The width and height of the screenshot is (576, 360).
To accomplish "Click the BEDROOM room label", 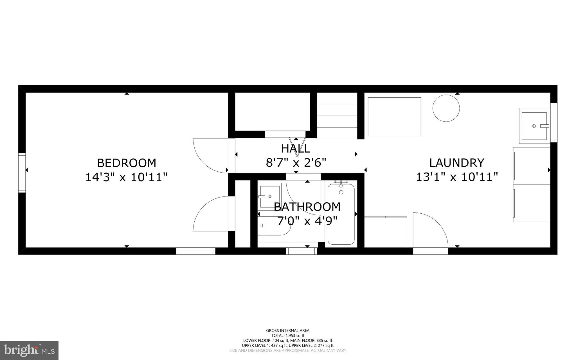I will [x=126, y=163].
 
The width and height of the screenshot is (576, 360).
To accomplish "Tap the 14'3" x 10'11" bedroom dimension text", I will [x=126, y=177].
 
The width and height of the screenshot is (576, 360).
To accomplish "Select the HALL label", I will [x=296, y=148].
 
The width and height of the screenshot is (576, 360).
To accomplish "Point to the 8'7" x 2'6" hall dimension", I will [x=296, y=163].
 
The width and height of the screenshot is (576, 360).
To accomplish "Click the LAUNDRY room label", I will [x=457, y=163].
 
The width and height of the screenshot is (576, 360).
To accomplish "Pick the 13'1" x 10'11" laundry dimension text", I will [x=457, y=177].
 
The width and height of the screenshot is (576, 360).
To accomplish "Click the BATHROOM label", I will [x=307, y=207].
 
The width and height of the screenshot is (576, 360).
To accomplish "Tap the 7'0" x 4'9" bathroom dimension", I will [x=307, y=221].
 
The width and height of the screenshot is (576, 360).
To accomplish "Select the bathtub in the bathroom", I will [x=341, y=214].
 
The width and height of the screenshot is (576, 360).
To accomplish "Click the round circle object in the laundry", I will [x=446, y=108].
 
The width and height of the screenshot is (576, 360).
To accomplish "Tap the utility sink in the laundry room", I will [x=534, y=126].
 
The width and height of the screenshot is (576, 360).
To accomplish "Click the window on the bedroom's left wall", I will [x=22, y=173].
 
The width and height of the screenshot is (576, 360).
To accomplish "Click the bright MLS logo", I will [x=29, y=350].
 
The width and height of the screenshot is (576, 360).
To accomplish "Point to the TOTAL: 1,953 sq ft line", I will [x=288, y=336].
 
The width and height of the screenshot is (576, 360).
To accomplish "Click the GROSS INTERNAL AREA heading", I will [x=288, y=330].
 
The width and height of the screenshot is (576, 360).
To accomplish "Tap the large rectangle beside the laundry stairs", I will [x=394, y=117].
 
